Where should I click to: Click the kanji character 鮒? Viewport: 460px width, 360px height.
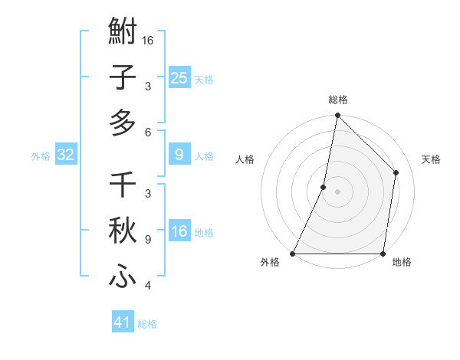pos(123,34)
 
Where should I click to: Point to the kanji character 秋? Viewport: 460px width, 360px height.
pos(123,231)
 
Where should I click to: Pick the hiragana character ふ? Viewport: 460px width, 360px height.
pos(123,274)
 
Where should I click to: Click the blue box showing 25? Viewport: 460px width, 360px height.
pos(179,77)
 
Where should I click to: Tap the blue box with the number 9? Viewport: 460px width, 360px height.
pos(179,155)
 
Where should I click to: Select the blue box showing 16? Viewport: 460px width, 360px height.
pos(179,231)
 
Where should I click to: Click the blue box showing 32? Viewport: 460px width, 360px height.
pos(66,155)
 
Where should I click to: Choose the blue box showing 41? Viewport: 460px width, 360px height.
pos(123,322)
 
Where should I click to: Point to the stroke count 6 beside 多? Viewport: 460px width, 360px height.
pos(148,132)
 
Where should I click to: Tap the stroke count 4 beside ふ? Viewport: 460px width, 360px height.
pos(148,286)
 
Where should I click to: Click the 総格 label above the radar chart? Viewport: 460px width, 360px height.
pos(338,100)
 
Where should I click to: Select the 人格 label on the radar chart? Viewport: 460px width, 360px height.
pos(245,159)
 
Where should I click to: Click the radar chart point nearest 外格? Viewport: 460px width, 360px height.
pos(293,253)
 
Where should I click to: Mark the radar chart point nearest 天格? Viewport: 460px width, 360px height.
pos(396,172)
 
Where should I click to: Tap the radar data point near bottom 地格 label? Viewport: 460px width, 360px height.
pos(383,253)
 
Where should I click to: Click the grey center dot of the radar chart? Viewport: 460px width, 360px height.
pos(338,191)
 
